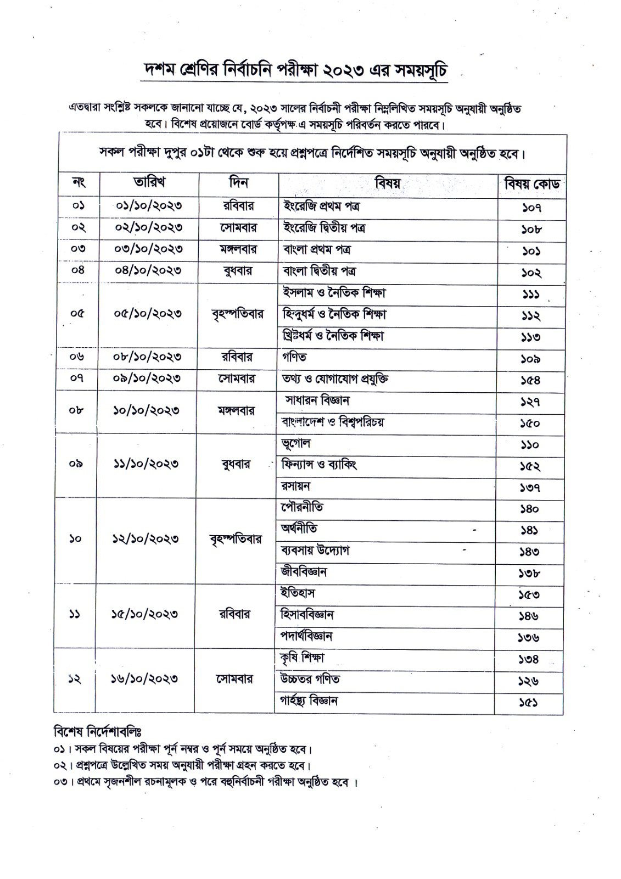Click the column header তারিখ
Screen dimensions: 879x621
149,182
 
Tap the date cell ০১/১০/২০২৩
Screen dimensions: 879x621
149,205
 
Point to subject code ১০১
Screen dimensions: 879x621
531,251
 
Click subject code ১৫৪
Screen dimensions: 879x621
531,380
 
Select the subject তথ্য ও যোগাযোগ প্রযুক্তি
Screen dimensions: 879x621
335,379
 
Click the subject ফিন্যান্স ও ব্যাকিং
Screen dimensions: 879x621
319,465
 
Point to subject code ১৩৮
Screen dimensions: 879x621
530,573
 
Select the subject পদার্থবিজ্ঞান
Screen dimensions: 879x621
306,636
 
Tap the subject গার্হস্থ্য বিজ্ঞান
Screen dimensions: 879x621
309,701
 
